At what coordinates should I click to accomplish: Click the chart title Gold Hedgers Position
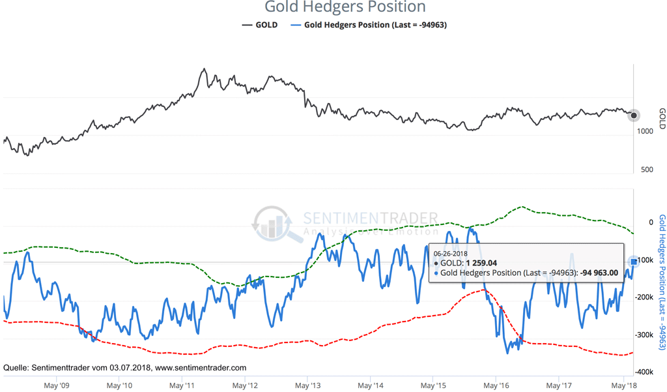(x=345, y=8)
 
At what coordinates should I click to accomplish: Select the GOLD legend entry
(x=260, y=25)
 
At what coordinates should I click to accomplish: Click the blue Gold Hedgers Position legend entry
(x=369, y=25)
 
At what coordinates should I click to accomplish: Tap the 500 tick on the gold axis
(x=646, y=169)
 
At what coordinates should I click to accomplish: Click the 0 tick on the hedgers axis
(x=650, y=222)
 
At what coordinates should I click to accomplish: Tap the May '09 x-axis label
(x=56, y=385)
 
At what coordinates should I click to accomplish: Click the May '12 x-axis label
(x=245, y=385)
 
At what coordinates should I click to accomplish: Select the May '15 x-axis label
(x=433, y=385)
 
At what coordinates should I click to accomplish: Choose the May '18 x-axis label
(x=623, y=385)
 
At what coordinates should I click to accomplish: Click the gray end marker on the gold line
(x=634, y=115)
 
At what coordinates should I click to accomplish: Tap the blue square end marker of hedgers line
(x=634, y=262)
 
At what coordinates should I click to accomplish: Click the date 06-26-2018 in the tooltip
(x=450, y=253)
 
